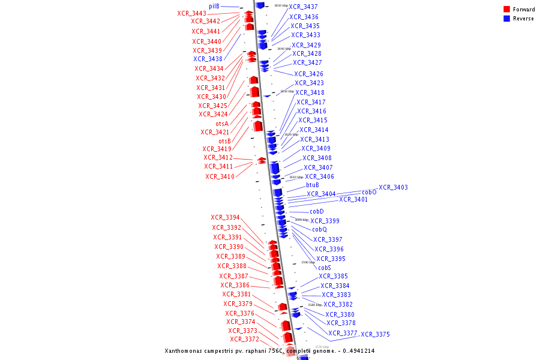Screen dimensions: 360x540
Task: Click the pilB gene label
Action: (214, 6)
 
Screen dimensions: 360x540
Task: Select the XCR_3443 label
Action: (191, 13)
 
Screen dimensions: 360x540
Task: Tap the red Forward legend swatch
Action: (507, 10)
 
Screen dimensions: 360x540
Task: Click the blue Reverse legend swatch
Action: (507, 19)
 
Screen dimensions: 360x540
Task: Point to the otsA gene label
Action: (222, 124)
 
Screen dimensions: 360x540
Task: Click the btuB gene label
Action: (313, 185)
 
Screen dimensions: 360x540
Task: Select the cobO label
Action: (369, 193)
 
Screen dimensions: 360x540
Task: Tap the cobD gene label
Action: (317, 211)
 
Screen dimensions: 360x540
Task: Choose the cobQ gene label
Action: (319, 230)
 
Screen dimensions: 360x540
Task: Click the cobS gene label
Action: (324, 268)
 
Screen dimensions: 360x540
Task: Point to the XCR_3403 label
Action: (393, 188)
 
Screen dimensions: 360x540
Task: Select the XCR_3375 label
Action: (375, 334)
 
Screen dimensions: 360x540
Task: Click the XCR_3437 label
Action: (304, 7)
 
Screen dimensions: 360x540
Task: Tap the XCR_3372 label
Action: (244, 340)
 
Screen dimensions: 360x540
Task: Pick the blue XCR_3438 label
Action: (208, 59)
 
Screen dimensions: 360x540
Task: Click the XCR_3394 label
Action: (225, 218)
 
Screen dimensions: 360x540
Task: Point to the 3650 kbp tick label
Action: (281, 5)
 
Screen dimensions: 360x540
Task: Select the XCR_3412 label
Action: (218, 158)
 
